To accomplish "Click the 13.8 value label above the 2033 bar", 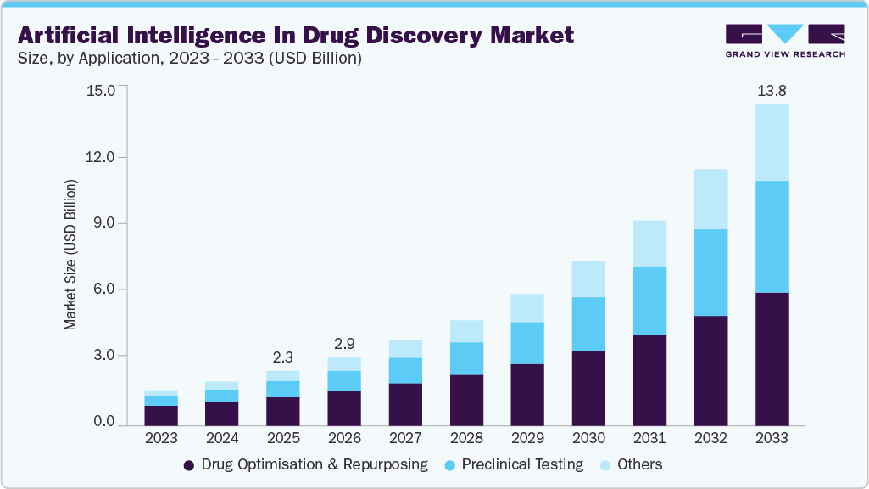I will (772, 89).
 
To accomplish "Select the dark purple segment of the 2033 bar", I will (772, 358).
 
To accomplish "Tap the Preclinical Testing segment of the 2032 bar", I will (710, 272).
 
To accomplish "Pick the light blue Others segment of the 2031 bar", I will (649, 244).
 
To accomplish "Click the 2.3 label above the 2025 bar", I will (283, 357).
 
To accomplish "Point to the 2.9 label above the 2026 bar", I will (344, 344).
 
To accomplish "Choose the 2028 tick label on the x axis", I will (466, 438).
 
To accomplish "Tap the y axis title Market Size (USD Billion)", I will (71, 255).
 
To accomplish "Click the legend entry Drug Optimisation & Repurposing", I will (305, 464).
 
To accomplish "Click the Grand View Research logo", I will (785, 40).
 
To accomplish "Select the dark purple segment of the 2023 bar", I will (161, 415).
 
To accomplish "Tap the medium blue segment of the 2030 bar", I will (588, 323).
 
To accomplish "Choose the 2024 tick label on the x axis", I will (222, 438).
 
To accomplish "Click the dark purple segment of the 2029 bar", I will (527, 395).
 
